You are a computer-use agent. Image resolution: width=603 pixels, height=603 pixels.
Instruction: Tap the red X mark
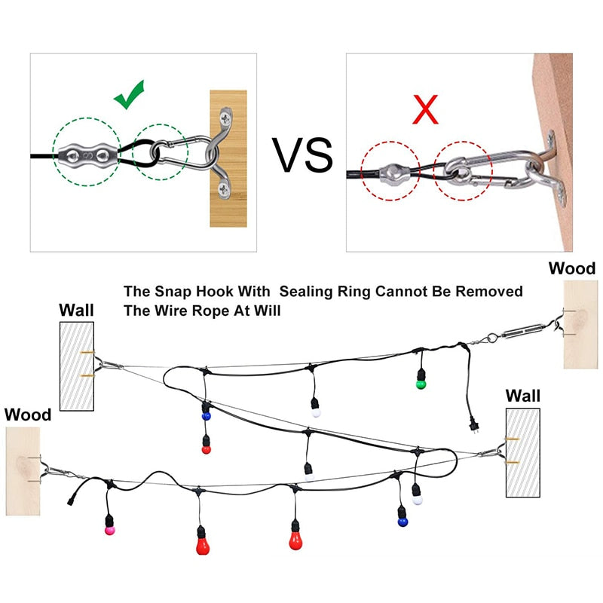[x=426, y=109]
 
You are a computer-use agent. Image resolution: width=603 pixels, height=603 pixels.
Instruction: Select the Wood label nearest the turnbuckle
[x=571, y=268]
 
